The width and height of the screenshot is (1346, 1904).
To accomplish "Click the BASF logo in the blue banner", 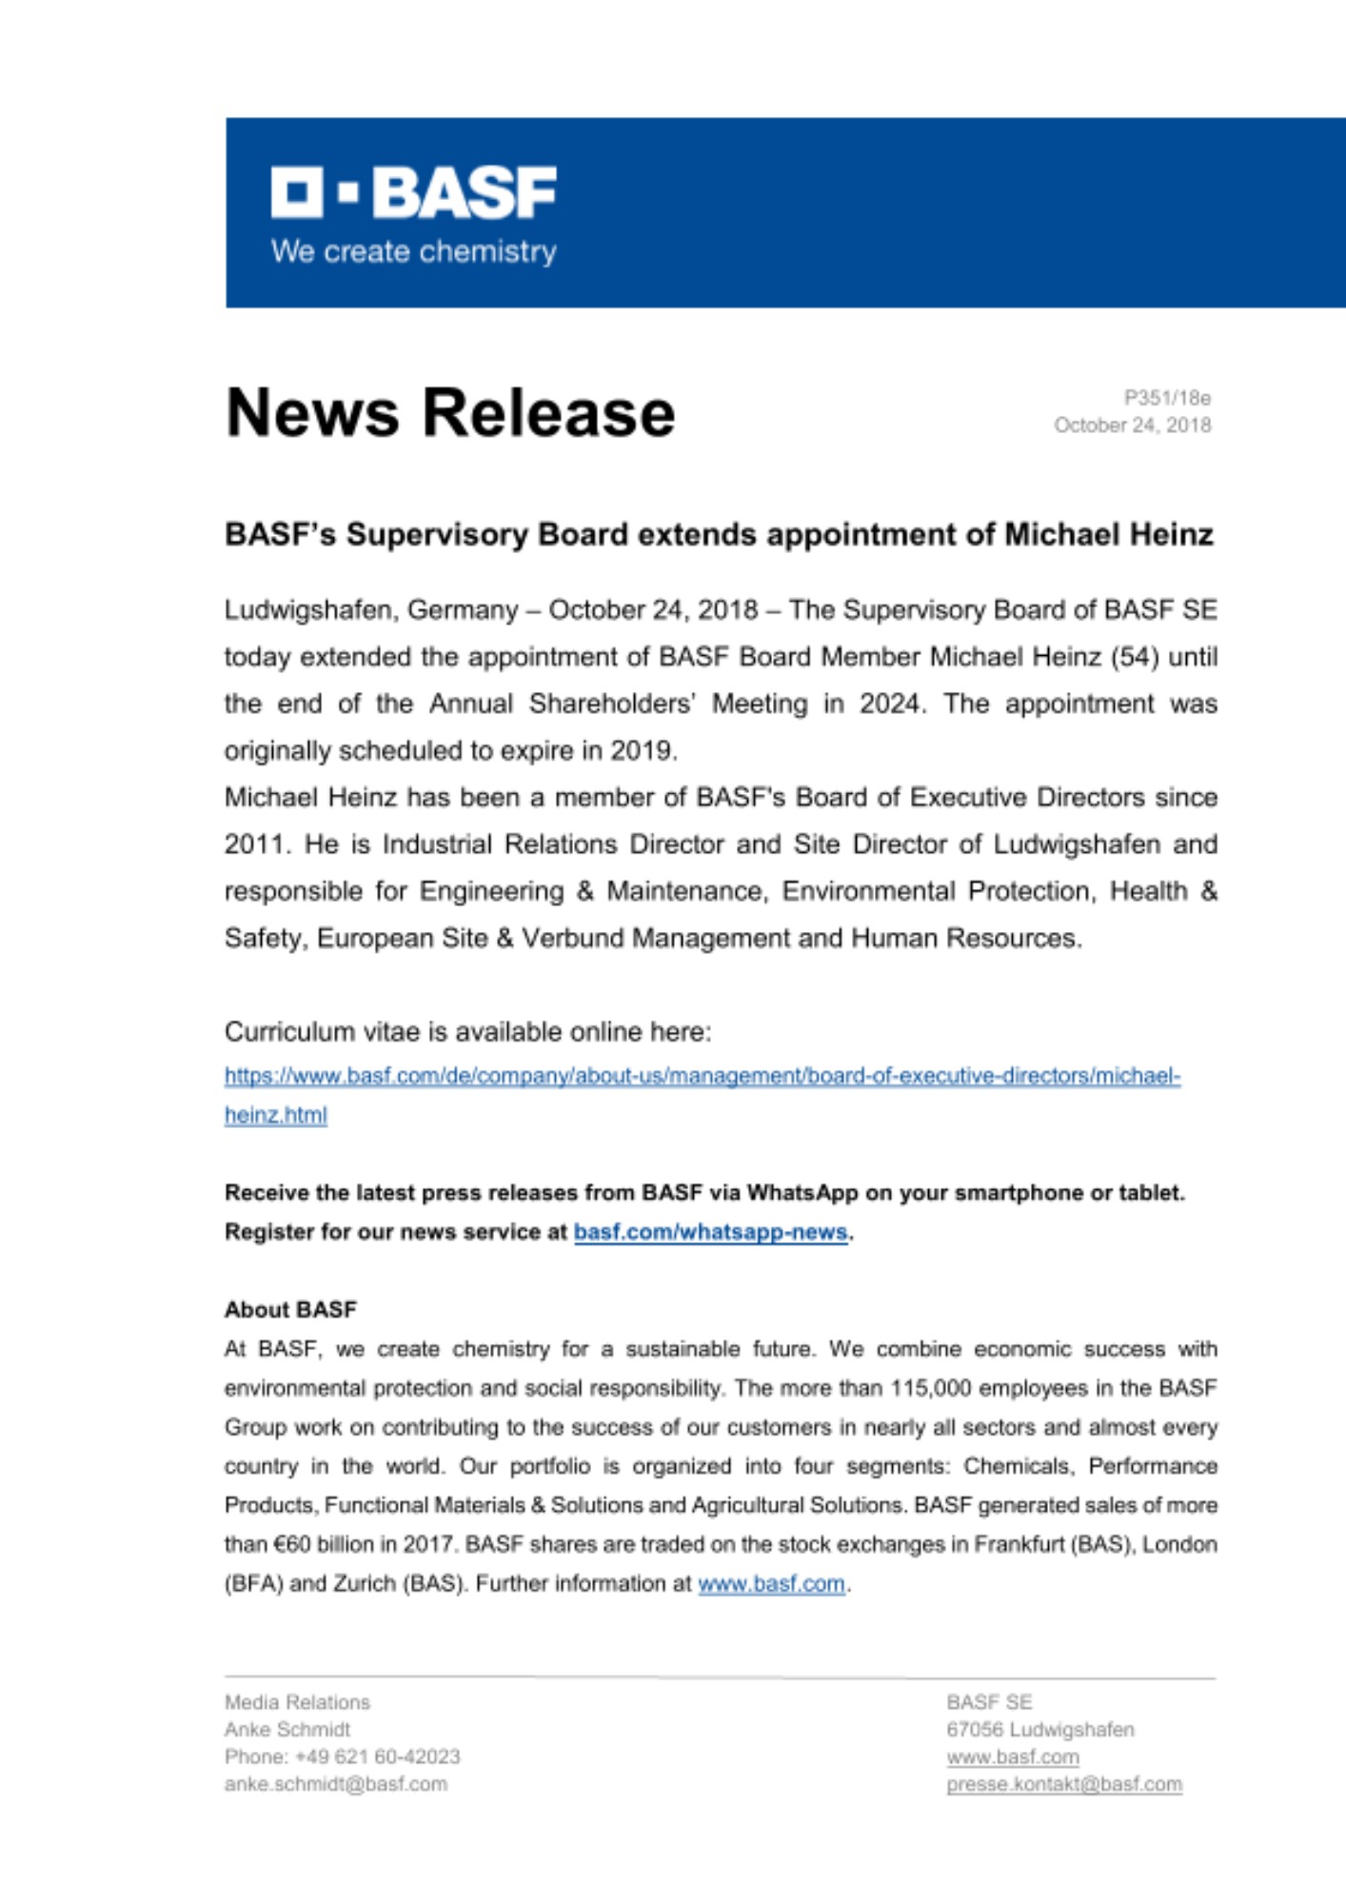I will (414, 192).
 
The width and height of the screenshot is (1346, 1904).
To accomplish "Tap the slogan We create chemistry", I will (414, 251).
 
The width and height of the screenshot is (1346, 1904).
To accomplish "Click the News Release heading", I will (450, 413).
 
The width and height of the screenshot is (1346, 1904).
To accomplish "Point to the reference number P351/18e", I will (1167, 398).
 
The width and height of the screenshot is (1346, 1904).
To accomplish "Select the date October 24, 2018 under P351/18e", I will (1132, 426).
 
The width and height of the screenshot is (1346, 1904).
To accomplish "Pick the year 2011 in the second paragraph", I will (254, 844).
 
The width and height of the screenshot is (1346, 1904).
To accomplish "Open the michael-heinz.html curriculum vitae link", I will (703, 1077).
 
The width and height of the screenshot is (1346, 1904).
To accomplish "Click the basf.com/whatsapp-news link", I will (710, 1232).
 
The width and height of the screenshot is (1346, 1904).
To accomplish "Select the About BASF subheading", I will (290, 1310).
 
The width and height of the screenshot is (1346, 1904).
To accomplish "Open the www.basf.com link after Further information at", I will (771, 1583).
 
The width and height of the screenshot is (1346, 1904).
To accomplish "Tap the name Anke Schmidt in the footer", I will (287, 1730).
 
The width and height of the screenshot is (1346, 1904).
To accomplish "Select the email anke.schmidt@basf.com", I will (336, 1784).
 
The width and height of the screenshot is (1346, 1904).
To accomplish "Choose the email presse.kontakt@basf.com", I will (1064, 1784).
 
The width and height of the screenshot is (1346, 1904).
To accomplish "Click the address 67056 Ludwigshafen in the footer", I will (1040, 1730).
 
